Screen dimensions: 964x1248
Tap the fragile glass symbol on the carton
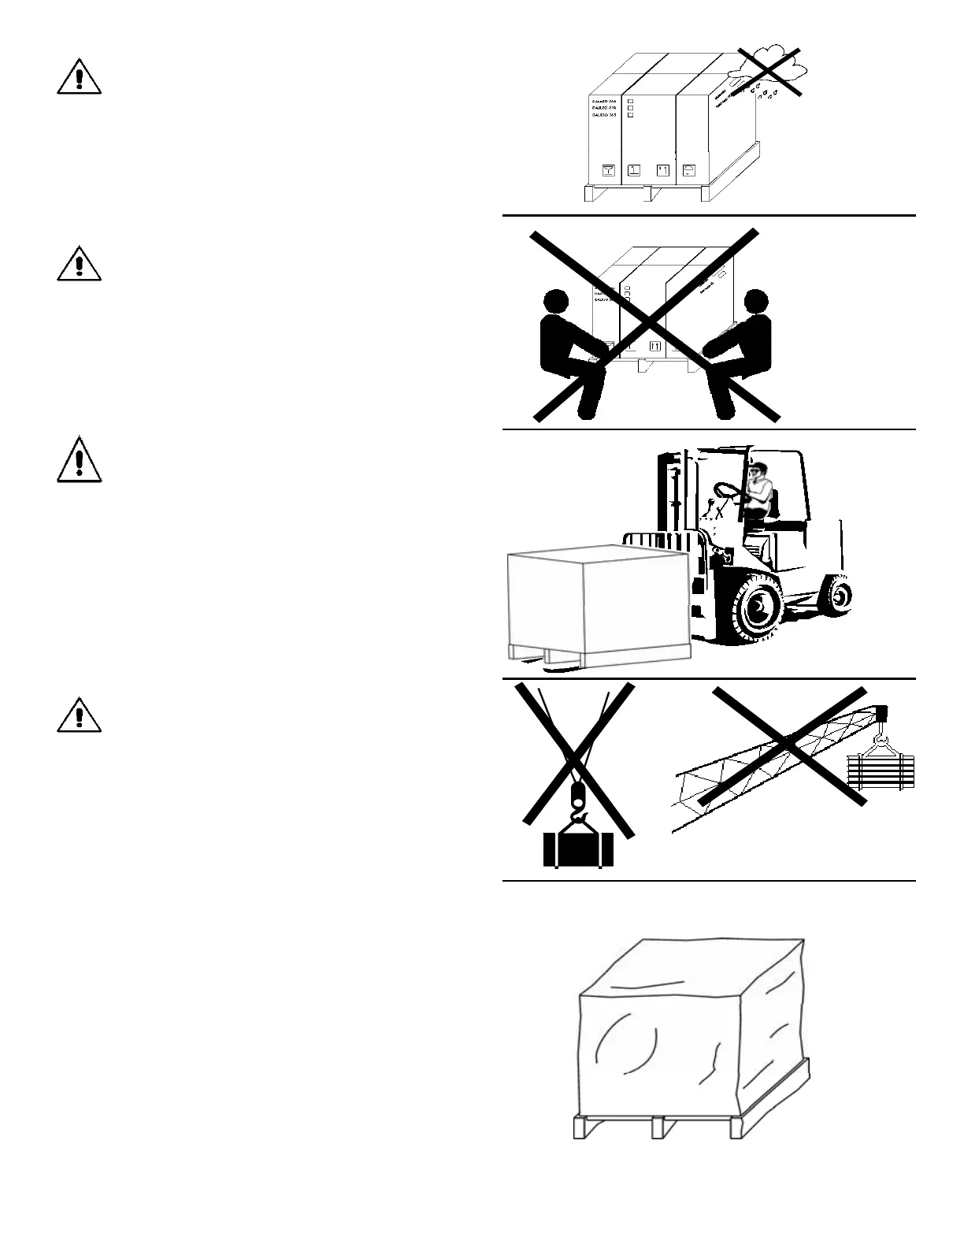tap(608, 170)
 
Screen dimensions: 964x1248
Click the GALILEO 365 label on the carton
tap(604, 114)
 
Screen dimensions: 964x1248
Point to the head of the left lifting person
tap(557, 303)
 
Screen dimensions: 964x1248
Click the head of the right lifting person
tap(755, 302)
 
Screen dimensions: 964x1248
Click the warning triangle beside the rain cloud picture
tap(79, 76)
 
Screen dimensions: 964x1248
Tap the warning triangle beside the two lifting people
tap(79, 264)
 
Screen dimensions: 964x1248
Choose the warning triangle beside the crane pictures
tap(79, 715)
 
